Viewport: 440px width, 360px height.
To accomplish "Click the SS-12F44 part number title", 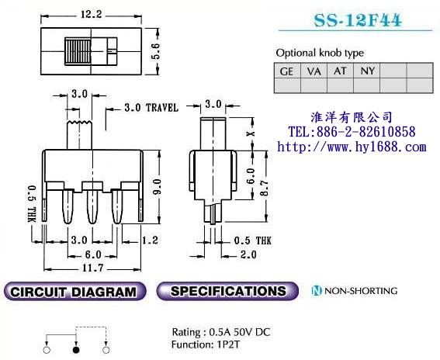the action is [358, 20].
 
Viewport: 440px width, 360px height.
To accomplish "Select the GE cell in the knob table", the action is [287, 71].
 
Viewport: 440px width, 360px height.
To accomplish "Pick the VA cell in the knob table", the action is [314, 71].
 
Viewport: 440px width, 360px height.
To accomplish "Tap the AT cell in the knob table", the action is [340, 71].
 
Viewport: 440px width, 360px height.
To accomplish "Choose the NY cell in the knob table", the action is [367, 71].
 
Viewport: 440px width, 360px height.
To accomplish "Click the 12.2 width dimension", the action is [92, 14].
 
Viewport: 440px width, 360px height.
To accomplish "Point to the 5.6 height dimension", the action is [155, 51].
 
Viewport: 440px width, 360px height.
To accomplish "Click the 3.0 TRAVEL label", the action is [151, 108].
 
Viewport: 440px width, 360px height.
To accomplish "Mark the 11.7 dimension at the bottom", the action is [93, 268].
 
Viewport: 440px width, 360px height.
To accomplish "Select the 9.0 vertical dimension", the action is [157, 186].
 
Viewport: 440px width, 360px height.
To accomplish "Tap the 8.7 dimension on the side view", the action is [264, 188].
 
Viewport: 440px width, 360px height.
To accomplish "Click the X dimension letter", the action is [251, 133].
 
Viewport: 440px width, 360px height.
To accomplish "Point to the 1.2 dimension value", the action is [150, 241].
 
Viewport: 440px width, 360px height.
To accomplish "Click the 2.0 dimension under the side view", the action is [248, 254].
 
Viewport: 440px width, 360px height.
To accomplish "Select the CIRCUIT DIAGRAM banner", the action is [75, 291].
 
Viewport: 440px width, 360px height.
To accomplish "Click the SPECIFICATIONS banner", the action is [227, 291].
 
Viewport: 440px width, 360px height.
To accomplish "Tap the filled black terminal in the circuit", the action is [76, 350].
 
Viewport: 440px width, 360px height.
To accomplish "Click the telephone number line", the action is [352, 132].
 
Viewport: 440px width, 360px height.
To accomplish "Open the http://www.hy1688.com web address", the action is [352, 147].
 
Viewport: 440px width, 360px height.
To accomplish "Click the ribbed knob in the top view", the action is [78, 51].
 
